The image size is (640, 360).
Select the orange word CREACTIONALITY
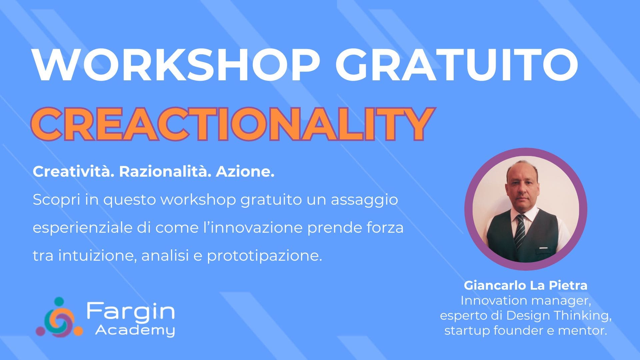pos(233,124)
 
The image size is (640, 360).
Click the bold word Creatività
pos(71,172)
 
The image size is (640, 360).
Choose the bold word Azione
pos(245,172)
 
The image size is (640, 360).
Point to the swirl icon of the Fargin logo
pos(59,317)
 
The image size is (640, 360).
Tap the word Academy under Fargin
pos(135,330)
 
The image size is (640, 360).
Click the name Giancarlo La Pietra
pos(526,285)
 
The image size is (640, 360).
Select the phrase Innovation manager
pos(526,301)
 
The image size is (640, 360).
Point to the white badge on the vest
pos(543,248)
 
